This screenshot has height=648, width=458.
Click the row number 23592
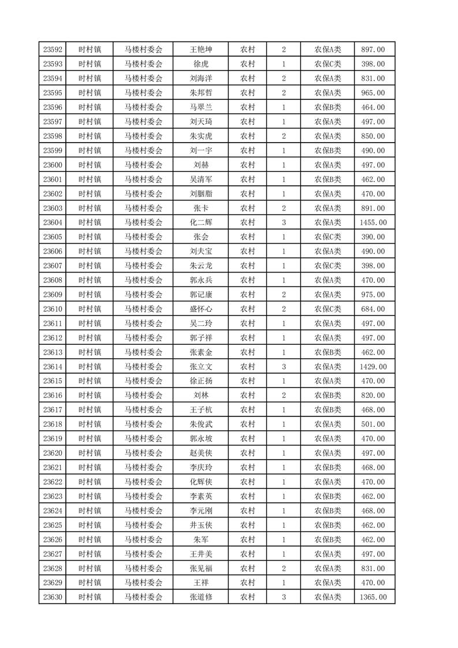[53, 50]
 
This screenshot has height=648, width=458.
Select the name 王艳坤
[200, 50]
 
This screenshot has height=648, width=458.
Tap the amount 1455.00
[373, 222]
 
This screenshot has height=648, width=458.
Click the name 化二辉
[200, 222]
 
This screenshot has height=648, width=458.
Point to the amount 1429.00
[373, 367]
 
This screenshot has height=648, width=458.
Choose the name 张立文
[200, 367]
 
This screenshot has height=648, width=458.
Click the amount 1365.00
[373, 597]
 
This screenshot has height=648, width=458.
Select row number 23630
[53, 597]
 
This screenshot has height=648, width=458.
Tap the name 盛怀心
[200, 309]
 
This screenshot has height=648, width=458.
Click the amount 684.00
[373, 309]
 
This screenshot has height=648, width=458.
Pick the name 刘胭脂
[200, 193]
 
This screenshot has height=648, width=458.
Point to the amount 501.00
[373, 424]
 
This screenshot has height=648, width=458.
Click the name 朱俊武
[200, 424]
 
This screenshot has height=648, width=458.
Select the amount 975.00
[373, 295]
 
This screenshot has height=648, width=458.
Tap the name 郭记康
[200, 295]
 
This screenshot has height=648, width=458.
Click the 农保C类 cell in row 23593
[327, 64]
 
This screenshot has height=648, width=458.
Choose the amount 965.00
[373, 93]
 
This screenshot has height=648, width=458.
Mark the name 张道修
[200, 597]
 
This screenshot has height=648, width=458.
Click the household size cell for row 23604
[284, 222]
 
